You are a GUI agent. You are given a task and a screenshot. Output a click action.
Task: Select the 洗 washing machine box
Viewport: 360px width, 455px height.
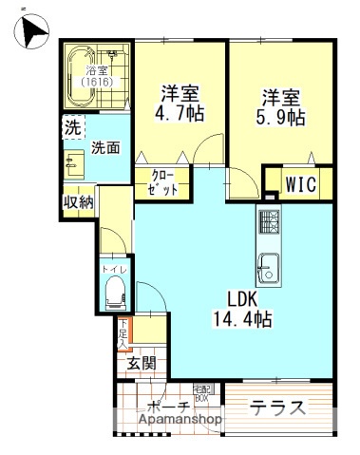pyautogui.click(x=72, y=125)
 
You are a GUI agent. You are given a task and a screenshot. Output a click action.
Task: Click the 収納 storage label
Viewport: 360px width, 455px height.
pyautogui.click(x=78, y=201)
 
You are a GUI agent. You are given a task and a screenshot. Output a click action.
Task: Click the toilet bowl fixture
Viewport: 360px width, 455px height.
pyautogui.click(x=116, y=294)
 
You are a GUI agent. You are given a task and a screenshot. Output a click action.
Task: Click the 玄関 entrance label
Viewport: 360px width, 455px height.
pyautogui.click(x=142, y=363)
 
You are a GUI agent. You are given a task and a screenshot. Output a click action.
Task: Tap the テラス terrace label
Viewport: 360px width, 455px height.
pyautogui.click(x=278, y=408)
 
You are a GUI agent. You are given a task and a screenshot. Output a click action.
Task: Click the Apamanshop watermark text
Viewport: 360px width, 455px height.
pyautogui.click(x=180, y=418)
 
